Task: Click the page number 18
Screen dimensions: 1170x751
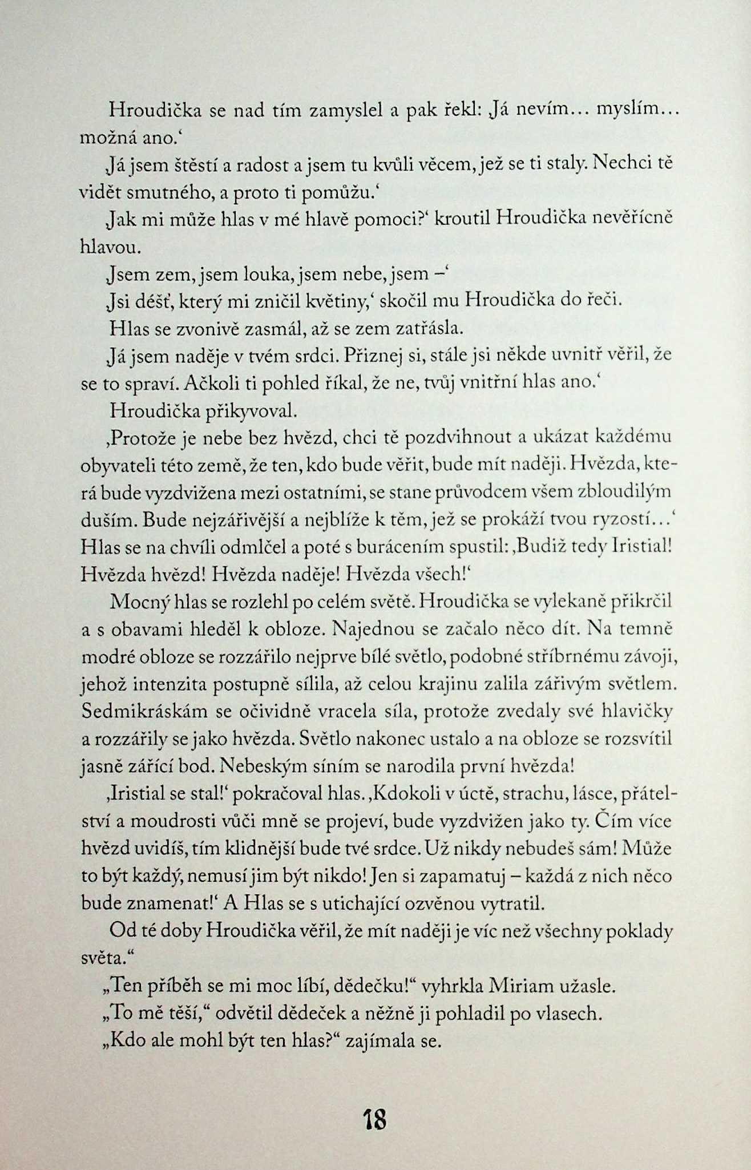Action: tap(375, 1119)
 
